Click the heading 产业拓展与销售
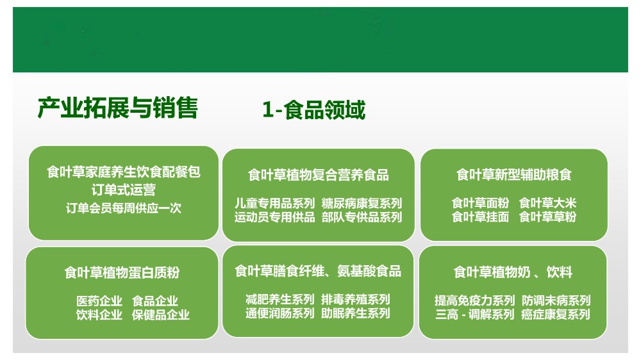coord(118,108)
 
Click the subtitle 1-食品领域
coord(313,110)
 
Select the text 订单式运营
coord(124,190)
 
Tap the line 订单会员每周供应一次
coord(124,208)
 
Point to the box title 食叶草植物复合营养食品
coord(319,175)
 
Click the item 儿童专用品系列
coord(275,203)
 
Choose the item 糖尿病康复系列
coord(362,203)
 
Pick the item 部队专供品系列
coord(362,217)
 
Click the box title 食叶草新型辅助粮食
coord(514,174)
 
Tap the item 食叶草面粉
coord(480,202)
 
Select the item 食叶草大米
coord(548,202)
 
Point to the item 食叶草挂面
coord(480,217)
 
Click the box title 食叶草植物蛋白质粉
coord(122,272)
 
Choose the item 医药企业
coord(99,301)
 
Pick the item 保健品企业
coord(161,315)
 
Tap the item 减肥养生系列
coord(280,300)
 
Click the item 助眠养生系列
coord(356,313)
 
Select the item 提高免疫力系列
coord(474,301)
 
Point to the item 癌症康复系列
coord(556,315)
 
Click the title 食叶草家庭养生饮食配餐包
coord(124,172)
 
